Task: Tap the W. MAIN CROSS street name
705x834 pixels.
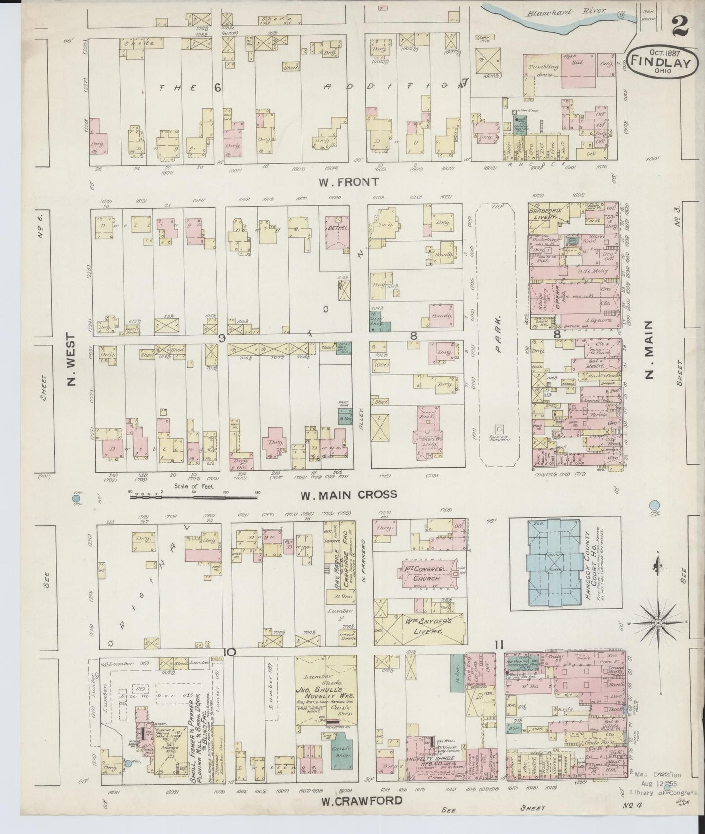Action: pos(348,495)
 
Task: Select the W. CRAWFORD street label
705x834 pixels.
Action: pos(362,800)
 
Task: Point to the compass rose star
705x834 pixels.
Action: pos(658,623)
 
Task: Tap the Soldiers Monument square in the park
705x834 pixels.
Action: pos(498,429)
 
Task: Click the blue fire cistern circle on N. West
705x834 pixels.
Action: pos(76,498)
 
